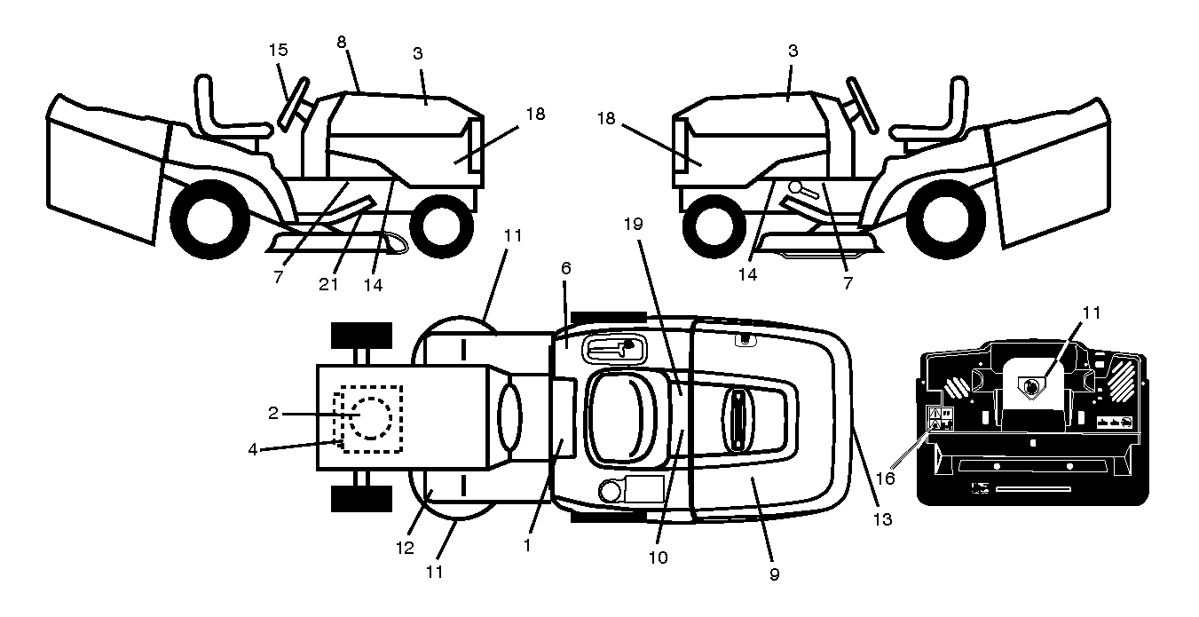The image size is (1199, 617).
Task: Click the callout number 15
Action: coord(279,50)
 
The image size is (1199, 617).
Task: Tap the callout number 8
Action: coord(342,42)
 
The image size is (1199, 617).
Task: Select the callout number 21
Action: coord(328,284)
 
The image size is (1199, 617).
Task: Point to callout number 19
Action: coord(633,224)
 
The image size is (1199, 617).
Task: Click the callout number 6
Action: coord(566,268)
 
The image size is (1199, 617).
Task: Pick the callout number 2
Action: coord(273,414)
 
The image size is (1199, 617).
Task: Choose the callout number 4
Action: coord(253,449)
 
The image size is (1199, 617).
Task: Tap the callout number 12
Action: coord(405,548)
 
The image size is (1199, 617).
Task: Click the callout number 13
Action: coord(882,519)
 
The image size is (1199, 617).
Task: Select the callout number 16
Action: coord(886,479)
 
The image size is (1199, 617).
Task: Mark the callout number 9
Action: coord(774,574)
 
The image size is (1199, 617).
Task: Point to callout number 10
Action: coord(658,558)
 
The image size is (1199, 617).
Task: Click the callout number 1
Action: coord(527,545)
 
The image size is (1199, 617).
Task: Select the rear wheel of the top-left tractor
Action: coord(209,219)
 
